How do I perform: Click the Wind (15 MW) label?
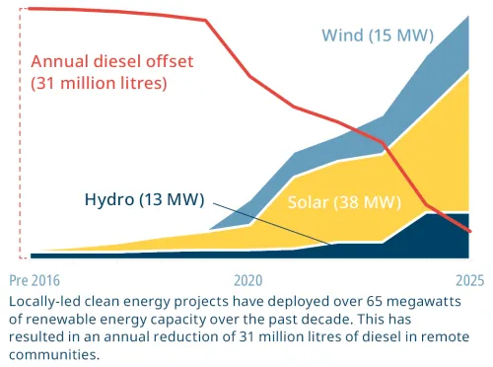pos(378,37)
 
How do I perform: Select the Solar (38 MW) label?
pos(343,203)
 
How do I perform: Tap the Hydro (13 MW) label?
pos(146,199)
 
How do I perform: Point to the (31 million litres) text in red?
pos(99,83)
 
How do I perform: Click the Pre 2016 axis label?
pos(33,279)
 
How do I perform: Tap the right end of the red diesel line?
pos(469,232)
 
